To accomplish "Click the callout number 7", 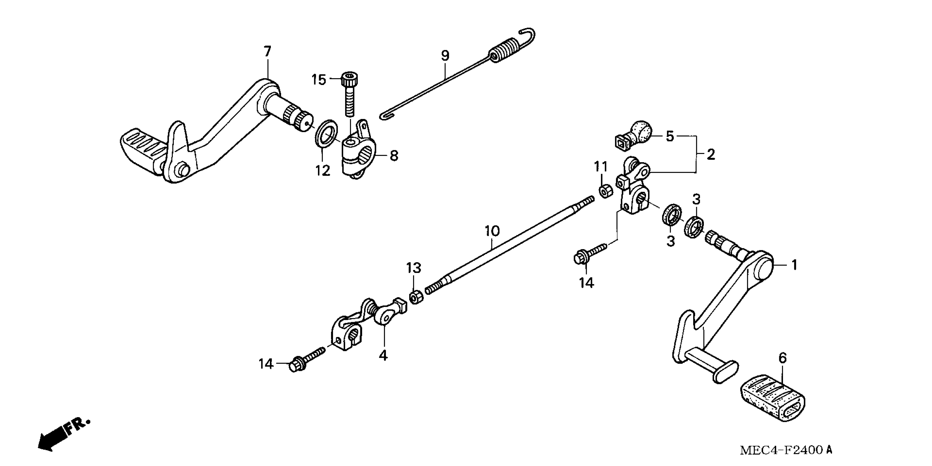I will click(x=267, y=52).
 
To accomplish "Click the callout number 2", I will click(x=711, y=155).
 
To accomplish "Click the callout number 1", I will click(x=794, y=265).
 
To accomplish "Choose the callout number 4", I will click(x=383, y=355).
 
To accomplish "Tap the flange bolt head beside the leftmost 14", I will click(x=297, y=366).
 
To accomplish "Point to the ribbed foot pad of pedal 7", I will click(x=142, y=149).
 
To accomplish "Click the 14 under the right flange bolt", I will click(x=586, y=283).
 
